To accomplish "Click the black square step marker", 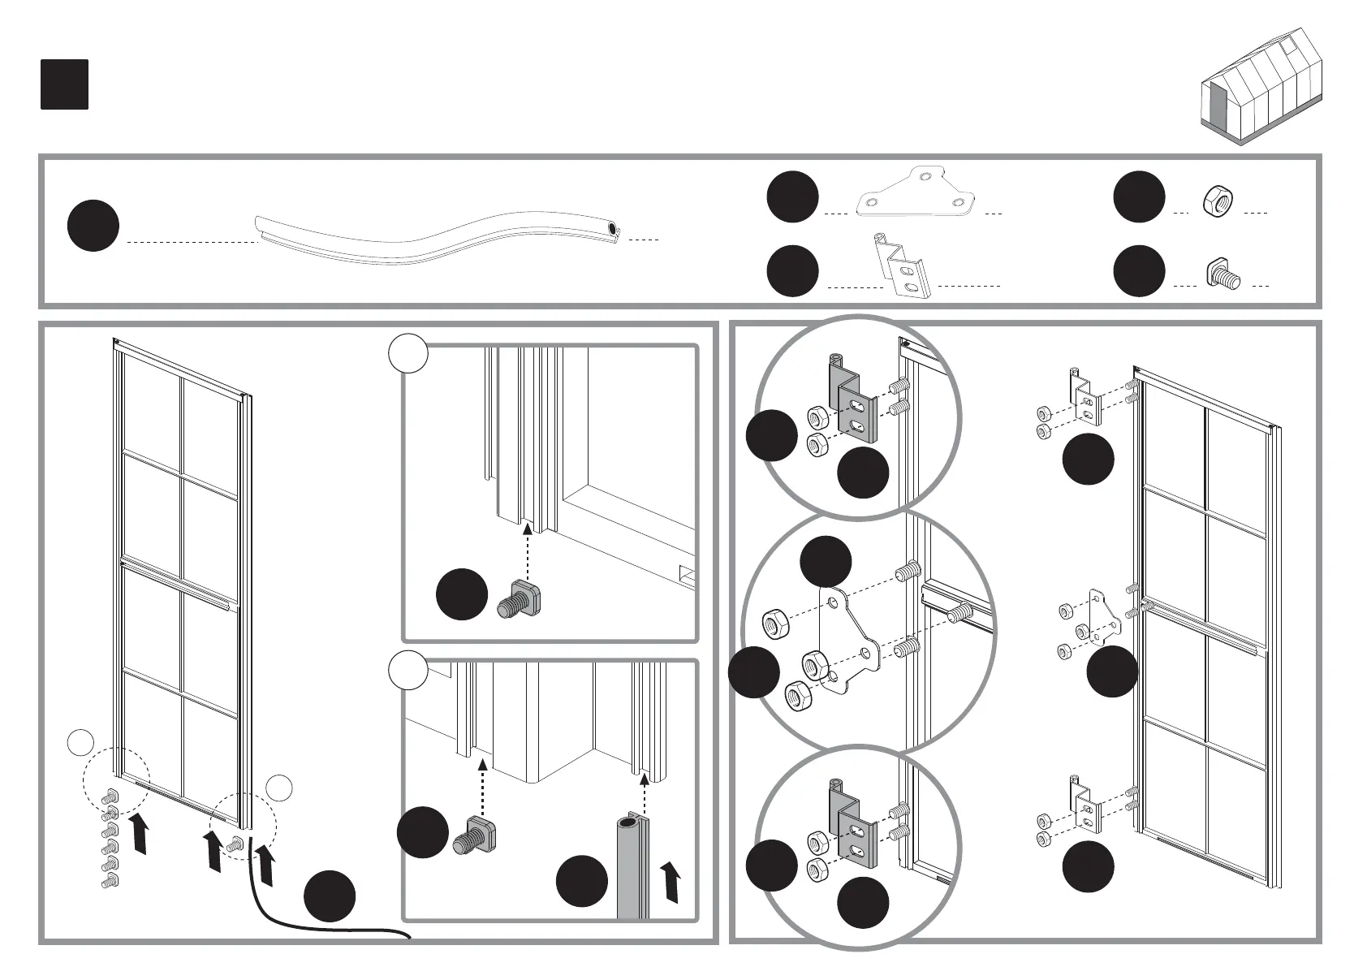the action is pos(64,84).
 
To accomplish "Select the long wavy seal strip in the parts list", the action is pos(438,235).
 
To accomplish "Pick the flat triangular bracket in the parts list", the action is pos(916,196).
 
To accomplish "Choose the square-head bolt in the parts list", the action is pos(1222,274).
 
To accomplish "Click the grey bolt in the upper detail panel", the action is pos(521,598).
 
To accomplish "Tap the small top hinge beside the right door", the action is pos(1085,397).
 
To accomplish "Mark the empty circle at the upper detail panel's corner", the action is pos(408,355).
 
